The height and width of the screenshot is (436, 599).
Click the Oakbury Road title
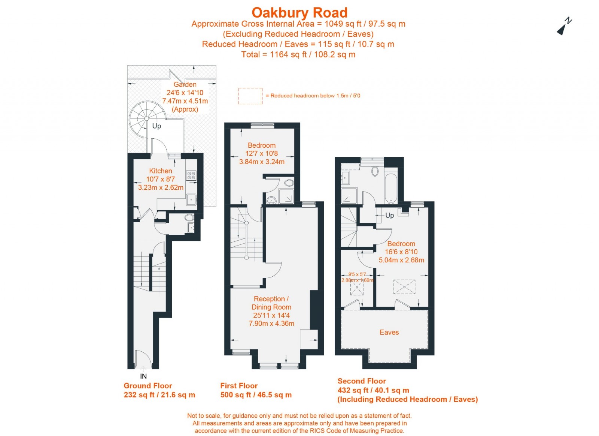pyautogui.click(x=299, y=12)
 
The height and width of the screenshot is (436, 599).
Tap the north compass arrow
pyautogui.click(x=564, y=27)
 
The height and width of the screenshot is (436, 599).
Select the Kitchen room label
pyautogui.click(x=160, y=171)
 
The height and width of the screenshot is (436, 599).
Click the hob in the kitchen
pyautogui.click(x=191, y=175)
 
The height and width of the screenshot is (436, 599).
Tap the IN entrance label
pyautogui.click(x=143, y=376)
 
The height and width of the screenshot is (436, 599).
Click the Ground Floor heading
pyautogui.click(x=148, y=386)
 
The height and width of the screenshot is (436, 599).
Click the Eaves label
pyautogui.click(x=389, y=332)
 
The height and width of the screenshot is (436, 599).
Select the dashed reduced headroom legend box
pyautogui.click(x=250, y=96)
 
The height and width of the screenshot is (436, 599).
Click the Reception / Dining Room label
pyautogui.click(x=271, y=303)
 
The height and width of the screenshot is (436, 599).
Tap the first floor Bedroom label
pyautogui.click(x=261, y=145)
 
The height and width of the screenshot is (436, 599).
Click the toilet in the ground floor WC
pyautogui.click(x=189, y=217)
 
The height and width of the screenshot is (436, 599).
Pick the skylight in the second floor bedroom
pyautogui.click(x=404, y=287)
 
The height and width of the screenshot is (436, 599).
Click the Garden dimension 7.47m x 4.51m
pyautogui.click(x=185, y=101)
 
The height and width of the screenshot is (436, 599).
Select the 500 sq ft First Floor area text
pyautogui.click(x=256, y=395)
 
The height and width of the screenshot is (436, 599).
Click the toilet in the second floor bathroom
pyautogui.click(x=375, y=172)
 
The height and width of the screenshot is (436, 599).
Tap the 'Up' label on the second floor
pyautogui.click(x=389, y=216)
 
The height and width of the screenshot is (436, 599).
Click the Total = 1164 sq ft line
pyautogui.click(x=298, y=54)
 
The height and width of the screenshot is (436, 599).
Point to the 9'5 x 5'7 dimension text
pyautogui.click(x=357, y=274)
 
